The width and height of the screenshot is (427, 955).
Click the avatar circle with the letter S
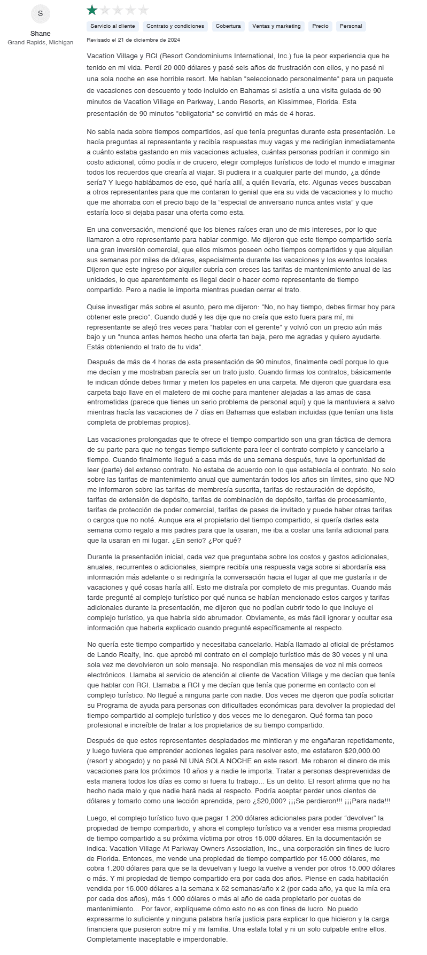coord(41,13)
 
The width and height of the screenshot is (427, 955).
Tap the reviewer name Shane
coord(41,34)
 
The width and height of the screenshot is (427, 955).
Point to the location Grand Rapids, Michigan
coord(41,42)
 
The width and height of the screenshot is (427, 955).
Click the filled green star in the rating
coord(92,10)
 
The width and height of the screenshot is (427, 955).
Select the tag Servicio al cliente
coord(113,26)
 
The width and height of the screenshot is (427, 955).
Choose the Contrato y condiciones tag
coord(175,26)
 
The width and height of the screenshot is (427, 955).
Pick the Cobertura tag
coord(228,26)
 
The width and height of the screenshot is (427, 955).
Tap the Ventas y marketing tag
coord(276,26)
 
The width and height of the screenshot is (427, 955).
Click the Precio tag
coord(321,26)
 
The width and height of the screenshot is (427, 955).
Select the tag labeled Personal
coord(351,26)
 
